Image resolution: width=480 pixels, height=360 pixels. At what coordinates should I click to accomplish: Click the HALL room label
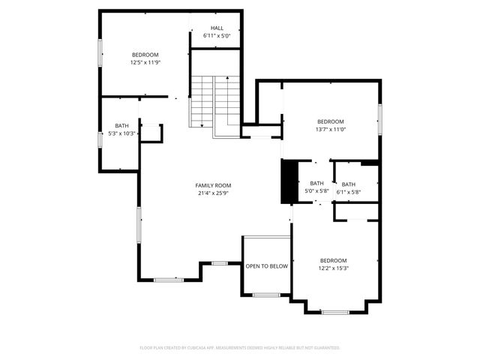pos(217,28)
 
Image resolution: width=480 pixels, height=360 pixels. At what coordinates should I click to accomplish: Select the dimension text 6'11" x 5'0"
pos(217,36)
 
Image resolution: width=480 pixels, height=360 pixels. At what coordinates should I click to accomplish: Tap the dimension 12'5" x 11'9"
pos(145,62)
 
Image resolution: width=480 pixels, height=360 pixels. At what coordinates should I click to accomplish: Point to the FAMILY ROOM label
pos(213,185)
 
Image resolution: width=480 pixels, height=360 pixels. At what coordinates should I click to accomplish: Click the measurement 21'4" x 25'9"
pos(213,193)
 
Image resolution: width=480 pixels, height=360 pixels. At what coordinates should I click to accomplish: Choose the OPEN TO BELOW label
pos(266,266)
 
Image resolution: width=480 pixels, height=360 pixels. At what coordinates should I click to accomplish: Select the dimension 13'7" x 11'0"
pos(330,129)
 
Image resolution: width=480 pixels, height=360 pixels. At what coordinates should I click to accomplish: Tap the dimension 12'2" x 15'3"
pos(333,268)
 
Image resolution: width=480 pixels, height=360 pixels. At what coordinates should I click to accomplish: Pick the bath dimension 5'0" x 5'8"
pos(316,191)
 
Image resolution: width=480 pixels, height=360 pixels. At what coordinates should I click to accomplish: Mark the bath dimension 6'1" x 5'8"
pos(349,192)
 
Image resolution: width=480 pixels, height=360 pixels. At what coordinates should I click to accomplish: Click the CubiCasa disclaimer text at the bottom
pos(240,348)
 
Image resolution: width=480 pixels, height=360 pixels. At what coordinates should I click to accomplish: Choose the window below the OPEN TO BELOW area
pos(266,295)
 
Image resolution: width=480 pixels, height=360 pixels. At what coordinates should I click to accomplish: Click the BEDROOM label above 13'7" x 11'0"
pos(330,121)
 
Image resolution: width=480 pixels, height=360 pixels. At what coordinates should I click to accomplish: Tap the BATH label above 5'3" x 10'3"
pos(121,126)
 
